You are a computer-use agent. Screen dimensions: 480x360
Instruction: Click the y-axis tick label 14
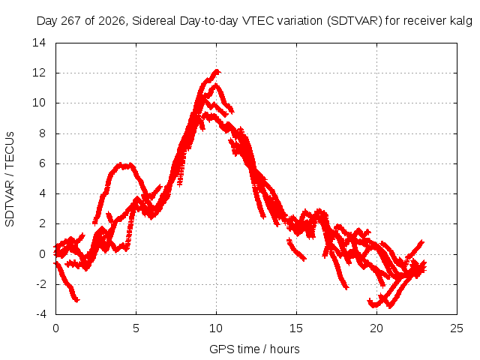pyautogui.click(x=39, y=43)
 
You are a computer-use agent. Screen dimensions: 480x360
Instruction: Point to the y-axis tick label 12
pyautogui.click(x=39, y=73)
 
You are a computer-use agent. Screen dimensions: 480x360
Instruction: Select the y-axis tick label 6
pyautogui.click(x=42, y=163)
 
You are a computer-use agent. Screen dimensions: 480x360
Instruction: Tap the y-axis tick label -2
pyautogui.click(x=40, y=284)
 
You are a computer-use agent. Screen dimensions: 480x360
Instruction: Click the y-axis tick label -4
pyautogui.click(x=40, y=314)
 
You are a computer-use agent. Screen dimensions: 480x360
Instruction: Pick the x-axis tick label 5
pyautogui.click(x=136, y=328)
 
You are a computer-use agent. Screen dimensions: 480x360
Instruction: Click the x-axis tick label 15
pyautogui.click(x=296, y=328)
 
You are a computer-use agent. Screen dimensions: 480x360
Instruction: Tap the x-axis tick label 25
pyautogui.click(x=457, y=328)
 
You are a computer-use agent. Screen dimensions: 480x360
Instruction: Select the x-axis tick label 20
pyautogui.click(x=376, y=328)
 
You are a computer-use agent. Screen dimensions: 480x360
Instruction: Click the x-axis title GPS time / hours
pyautogui.click(x=254, y=349)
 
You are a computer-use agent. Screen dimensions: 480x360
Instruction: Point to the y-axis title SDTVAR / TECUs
pyautogui.click(x=10, y=179)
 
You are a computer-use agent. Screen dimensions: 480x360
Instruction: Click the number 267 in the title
pyautogui.click(x=71, y=21)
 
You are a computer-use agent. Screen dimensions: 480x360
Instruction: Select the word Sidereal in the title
pyautogui.click(x=154, y=21)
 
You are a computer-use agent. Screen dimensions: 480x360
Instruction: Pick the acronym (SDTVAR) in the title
pyautogui.click(x=355, y=21)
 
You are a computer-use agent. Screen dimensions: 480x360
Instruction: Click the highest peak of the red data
pyautogui.click(x=217, y=72)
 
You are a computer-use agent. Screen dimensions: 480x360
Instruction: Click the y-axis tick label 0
pyautogui.click(x=42, y=253)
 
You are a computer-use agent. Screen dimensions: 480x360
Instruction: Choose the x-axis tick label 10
pyautogui.click(x=216, y=328)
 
